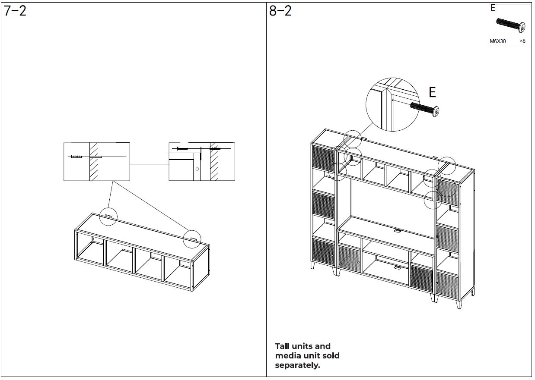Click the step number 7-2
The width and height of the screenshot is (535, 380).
pos(15,11)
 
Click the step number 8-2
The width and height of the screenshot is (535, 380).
pos(280,11)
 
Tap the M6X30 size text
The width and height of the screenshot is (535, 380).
pos(498,41)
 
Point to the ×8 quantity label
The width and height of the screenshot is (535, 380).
pos(522,41)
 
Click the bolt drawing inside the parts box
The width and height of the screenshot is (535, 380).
pos(511,25)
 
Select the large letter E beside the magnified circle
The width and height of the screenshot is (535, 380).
pos(432,92)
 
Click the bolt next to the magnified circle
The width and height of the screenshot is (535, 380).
pos(424,109)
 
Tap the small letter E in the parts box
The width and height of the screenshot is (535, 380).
pos(493,8)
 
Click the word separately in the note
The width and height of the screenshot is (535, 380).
pos(297,365)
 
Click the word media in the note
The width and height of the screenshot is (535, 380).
pos(287,355)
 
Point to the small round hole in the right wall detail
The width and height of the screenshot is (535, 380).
pos(197,169)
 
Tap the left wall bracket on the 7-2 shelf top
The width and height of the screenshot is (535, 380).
pos(108,216)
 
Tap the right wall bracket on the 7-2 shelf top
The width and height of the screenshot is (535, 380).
pos(194,239)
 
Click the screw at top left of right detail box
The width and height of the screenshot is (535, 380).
pos(183,149)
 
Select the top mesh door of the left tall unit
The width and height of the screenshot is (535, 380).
pos(323,157)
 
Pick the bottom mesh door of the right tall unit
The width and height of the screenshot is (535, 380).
pos(447,283)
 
